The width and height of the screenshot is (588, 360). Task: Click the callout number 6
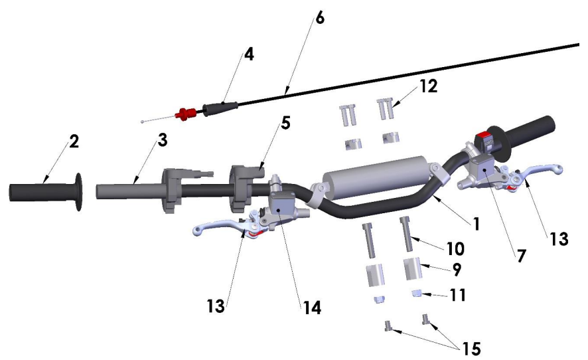pyautogui.click(x=319, y=18)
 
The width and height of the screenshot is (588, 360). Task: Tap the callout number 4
pyautogui.click(x=249, y=54)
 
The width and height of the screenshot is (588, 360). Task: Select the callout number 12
pyautogui.click(x=428, y=86)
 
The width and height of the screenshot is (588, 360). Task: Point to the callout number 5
pyautogui.click(x=286, y=124)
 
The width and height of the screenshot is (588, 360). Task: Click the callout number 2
pyautogui.click(x=74, y=141)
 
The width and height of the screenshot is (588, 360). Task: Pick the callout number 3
pyautogui.click(x=163, y=140)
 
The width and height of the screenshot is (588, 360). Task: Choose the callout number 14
pyautogui.click(x=312, y=308)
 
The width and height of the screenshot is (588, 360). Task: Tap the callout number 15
pyautogui.click(x=472, y=349)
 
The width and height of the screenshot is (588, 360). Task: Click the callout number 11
pyautogui.click(x=457, y=295)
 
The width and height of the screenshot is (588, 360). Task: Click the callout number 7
pyautogui.click(x=521, y=256)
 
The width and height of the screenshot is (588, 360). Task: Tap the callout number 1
pyautogui.click(x=477, y=224)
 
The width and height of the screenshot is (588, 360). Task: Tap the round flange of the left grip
pyautogui.click(x=79, y=192)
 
